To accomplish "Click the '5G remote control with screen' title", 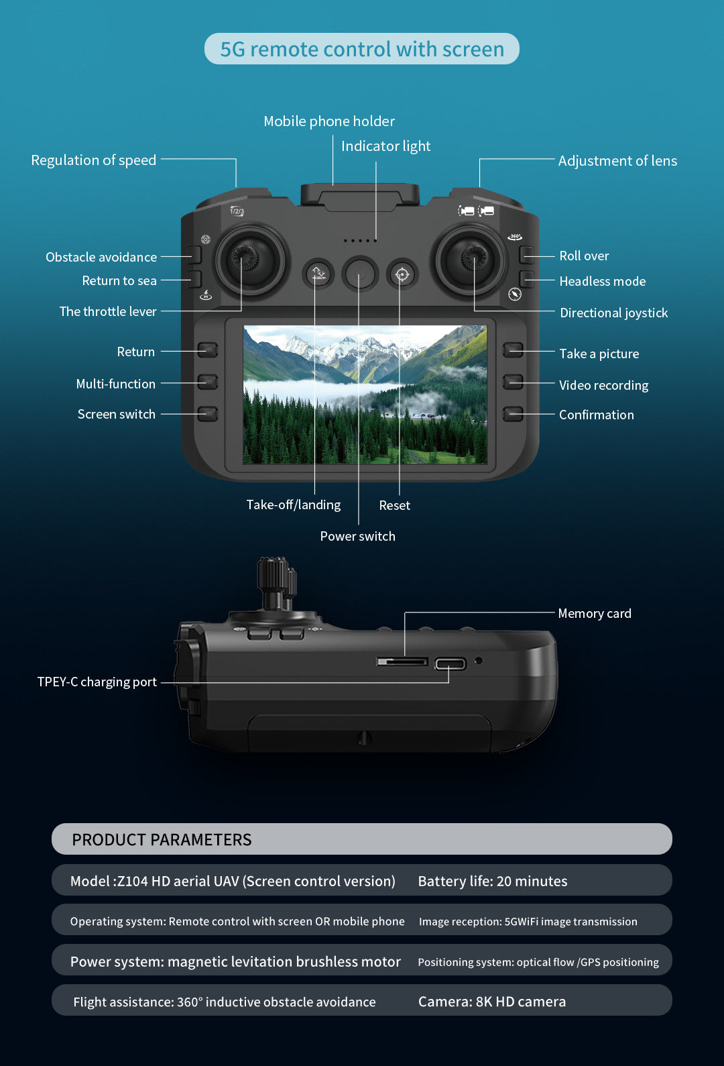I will [362, 49].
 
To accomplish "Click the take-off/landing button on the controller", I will [318, 274].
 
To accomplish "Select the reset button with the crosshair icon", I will [402, 274].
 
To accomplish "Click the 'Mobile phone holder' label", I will [329, 121].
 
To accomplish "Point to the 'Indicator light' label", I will [385, 146].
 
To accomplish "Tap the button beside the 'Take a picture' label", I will [514, 350].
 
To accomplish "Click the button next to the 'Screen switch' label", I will [208, 413].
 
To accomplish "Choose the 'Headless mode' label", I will [602, 282].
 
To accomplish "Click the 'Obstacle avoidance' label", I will [101, 258].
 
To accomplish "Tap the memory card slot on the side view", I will [402, 662].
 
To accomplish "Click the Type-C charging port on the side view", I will [450, 664].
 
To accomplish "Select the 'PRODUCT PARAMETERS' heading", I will [162, 840].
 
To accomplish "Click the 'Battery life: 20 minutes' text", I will [492, 882].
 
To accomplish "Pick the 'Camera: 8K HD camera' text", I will [491, 1002].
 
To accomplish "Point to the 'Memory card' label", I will [594, 614].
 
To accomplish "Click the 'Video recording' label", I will [603, 386].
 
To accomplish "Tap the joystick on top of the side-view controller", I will [276, 580].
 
